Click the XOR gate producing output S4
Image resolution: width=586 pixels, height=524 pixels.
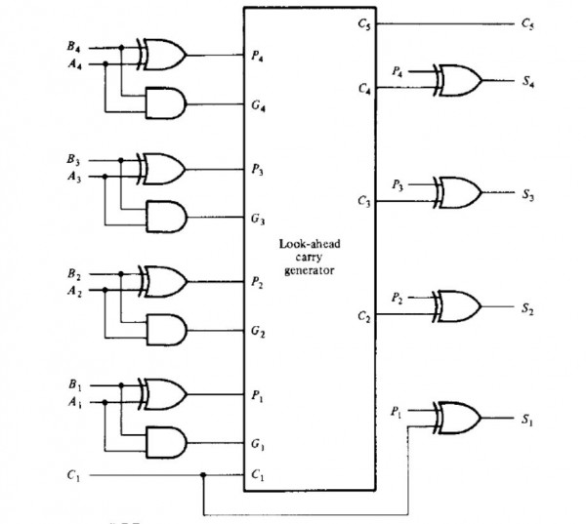point(459,78)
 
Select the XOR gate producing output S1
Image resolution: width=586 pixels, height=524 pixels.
point(459,417)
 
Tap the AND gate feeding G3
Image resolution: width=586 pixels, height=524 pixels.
point(164,215)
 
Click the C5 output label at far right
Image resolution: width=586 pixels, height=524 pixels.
point(528,21)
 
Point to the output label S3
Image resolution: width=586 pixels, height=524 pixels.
point(528,192)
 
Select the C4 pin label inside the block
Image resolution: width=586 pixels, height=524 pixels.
point(363,89)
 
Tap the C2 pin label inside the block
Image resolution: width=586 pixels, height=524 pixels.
point(363,316)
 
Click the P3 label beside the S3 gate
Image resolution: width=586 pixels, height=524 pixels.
point(397,183)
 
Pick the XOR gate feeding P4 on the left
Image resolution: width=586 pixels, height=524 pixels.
point(164,56)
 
